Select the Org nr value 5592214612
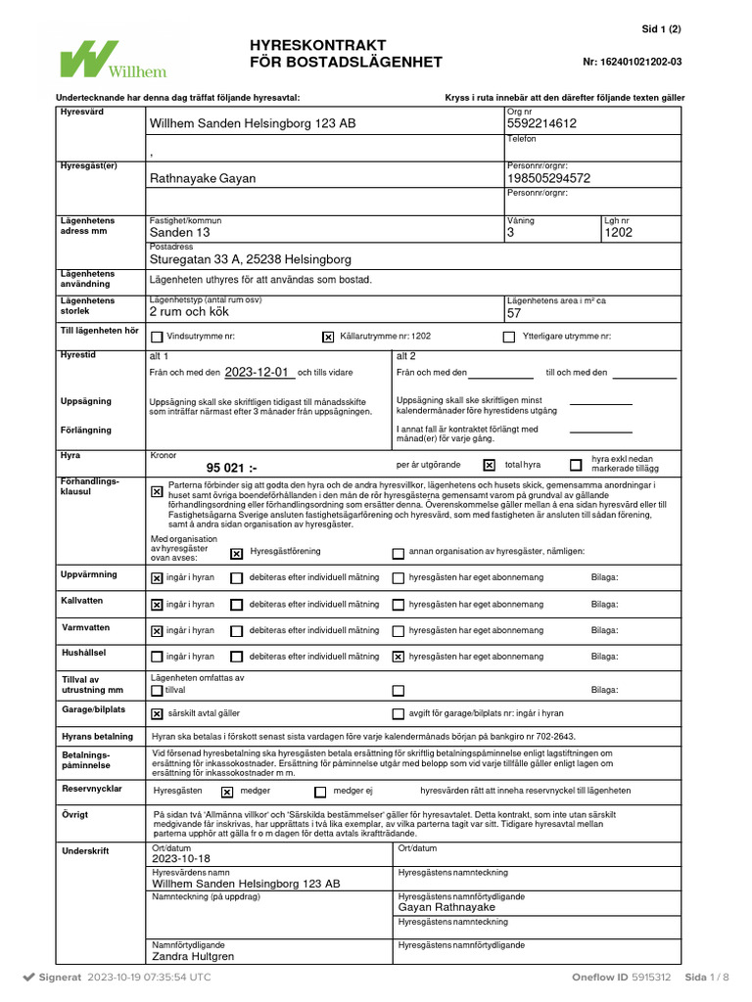(x=541, y=123)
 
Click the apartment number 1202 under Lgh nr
(x=619, y=233)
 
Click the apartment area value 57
(x=514, y=313)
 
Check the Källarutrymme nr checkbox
(x=328, y=337)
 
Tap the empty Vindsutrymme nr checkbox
(x=157, y=337)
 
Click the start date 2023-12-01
(x=258, y=372)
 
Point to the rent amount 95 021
(x=231, y=468)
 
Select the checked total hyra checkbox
(x=490, y=466)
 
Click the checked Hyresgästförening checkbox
(x=236, y=553)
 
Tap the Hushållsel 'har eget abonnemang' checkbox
(x=398, y=657)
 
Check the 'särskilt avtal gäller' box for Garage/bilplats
(x=157, y=714)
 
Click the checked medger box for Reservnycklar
(x=227, y=792)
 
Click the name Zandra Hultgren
(x=193, y=956)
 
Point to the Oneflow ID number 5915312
(x=651, y=977)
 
